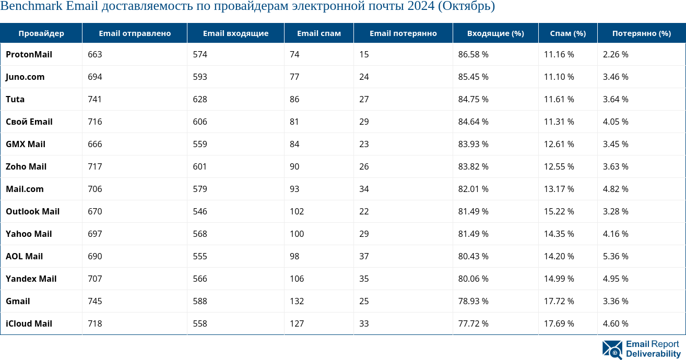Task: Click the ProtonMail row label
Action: click(29, 54)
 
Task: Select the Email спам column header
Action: click(318, 33)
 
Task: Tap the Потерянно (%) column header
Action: click(641, 33)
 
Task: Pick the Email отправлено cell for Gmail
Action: click(95, 301)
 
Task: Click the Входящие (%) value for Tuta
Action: click(473, 99)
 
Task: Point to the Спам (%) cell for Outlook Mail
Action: click(559, 211)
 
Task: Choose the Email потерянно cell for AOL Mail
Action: click(364, 256)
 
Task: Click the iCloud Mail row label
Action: click(29, 323)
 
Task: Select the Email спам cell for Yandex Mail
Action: click(297, 279)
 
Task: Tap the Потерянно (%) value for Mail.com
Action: click(616, 189)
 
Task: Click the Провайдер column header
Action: click(41, 33)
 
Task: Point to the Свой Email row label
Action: click(29, 122)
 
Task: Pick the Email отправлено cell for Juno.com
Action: click(95, 77)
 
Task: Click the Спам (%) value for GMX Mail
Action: click(559, 144)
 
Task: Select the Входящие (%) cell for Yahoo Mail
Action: click(473, 234)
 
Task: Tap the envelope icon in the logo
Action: click(612, 350)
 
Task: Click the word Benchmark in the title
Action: click(33, 7)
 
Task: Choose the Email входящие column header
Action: click(235, 33)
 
